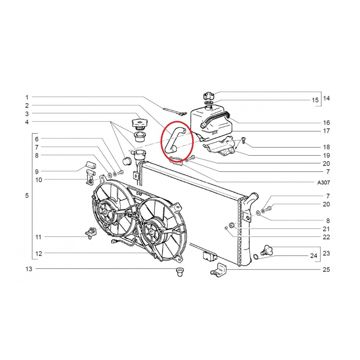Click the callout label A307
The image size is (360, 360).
[324, 183]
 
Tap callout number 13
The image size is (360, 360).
[29, 269]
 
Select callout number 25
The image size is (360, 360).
[326, 270]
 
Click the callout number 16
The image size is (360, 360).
[326, 122]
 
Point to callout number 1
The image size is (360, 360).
[27, 97]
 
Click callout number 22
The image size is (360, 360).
[326, 237]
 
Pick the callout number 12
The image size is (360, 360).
[39, 254]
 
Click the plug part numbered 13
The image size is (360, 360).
[179, 272]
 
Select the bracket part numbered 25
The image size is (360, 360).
[219, 270]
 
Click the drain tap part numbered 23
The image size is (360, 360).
[267, 250]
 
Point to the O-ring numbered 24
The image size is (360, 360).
[256, 256]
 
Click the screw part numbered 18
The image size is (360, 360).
[243, 140]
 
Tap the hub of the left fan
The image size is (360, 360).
[105, 212]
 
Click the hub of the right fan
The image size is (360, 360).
[151, 232]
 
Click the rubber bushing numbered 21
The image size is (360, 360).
[231, 225]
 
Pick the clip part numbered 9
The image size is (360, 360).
[91, 165]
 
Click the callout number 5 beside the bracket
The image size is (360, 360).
[27, 196]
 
